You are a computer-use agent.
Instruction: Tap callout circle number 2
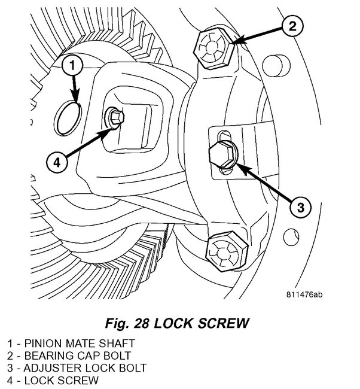click(291, 26)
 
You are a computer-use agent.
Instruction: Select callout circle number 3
click(300, 208)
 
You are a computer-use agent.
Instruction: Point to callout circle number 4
click(55, 162)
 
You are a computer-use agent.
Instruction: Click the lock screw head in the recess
click(115, 118)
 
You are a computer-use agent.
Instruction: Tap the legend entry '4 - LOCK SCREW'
click(54, 380)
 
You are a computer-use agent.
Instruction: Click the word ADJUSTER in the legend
click(58, 367)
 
